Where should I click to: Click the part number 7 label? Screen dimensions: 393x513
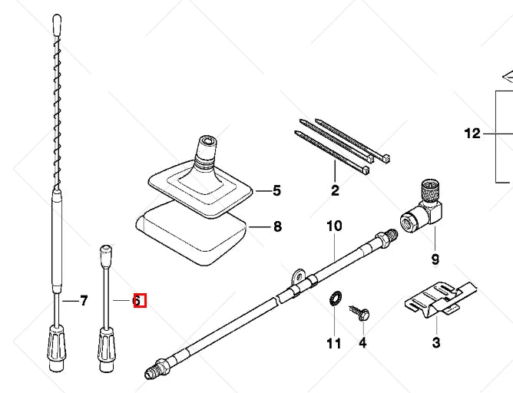coord(84,300)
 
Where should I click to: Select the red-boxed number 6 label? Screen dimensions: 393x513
coord(138,301)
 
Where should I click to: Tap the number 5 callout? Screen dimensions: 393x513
coord(276,190)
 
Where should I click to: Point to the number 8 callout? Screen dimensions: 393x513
coord(276,226)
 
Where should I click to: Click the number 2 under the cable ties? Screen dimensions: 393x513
coord(335,191)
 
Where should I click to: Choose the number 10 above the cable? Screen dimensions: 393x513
coord(334,226)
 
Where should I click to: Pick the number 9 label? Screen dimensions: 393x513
coord(435,259)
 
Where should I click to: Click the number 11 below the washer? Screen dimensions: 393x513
coord(333,343)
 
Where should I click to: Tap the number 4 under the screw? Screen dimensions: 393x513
coord(362,343)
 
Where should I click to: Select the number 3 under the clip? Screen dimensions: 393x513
coord(436,342)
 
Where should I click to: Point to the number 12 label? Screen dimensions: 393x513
coord(472,134)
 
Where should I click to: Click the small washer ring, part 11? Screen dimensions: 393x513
coord(336,299)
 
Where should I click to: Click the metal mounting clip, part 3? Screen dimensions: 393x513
coord(438,299)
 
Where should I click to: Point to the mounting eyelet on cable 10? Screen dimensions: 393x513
coord(298,274)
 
